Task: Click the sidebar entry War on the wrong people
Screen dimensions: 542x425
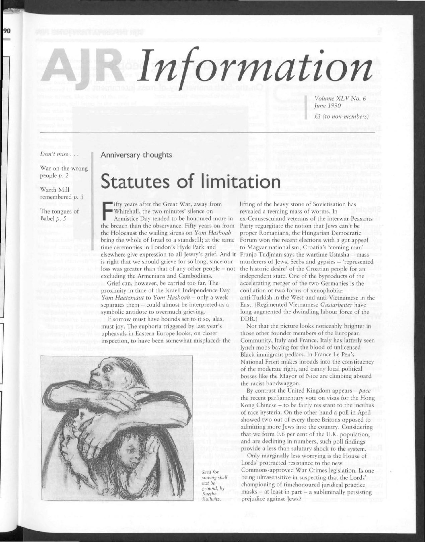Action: tap(63, 172)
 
